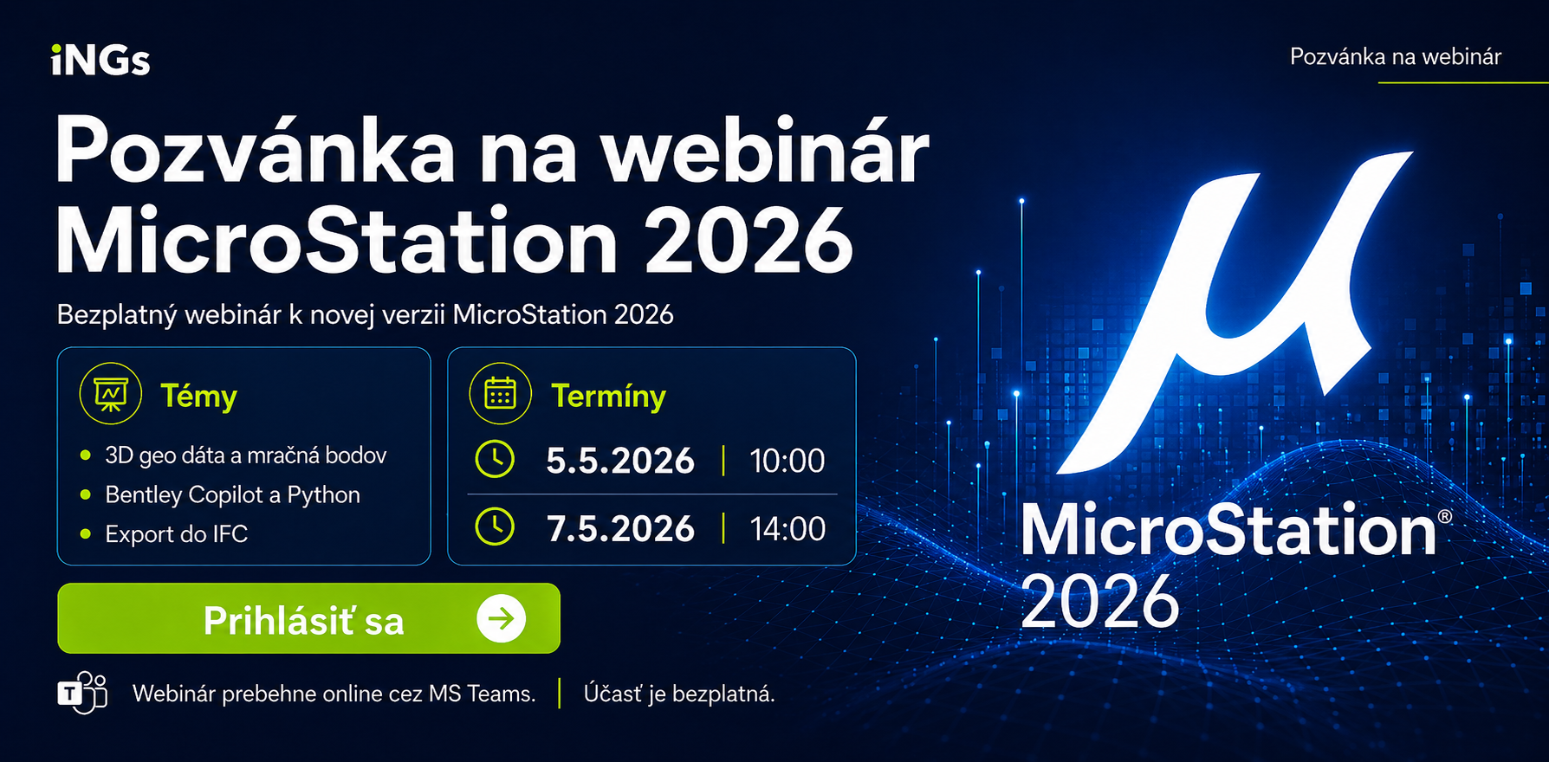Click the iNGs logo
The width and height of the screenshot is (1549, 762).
click(100, 61)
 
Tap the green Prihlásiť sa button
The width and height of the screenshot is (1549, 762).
click(308, 618)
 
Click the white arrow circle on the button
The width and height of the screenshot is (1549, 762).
click(501, 618)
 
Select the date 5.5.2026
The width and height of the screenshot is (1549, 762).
click(620, 461)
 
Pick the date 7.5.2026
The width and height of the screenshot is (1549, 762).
click(620, 528)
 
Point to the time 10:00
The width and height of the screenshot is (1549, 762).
click(787, 461)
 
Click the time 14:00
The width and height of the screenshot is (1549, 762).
click(787, 528)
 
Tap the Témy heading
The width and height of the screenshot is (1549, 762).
click(199, 397)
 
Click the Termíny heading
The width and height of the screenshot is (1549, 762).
click(608, 397)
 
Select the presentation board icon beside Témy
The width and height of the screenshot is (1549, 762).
click(111, 394)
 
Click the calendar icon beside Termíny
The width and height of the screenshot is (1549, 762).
click(501, 394)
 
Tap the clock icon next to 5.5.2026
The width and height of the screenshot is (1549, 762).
click(495, 459)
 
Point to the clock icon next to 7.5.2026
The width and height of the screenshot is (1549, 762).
click(495, 526)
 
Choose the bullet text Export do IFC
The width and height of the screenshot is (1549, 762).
click(177, 534)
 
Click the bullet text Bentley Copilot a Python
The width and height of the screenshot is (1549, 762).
click(232, 494)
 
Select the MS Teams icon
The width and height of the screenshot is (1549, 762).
click(83, 692)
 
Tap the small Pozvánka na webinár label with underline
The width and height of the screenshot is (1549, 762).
click(1396, 57)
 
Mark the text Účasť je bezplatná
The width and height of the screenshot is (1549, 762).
click(679, 694)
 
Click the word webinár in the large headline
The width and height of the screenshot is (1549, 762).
click(764, 153)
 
